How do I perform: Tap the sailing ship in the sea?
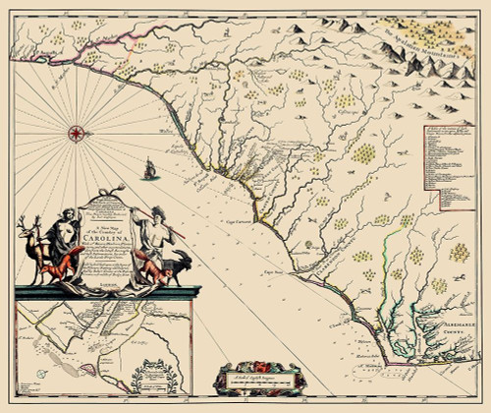[x=149, y=173]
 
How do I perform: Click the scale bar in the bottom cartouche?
[x=251, y=377]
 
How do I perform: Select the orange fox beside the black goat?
[x=157, y=265]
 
